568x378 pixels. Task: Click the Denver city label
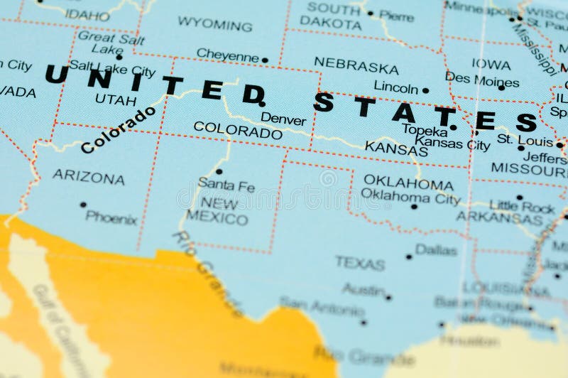point(283,119)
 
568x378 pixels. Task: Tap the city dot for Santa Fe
point(219,171)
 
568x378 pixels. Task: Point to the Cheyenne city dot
point(265,60)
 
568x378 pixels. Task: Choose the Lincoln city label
point(395,89)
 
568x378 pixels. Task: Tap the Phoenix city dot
point(83,205)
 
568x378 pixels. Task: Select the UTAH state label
point(115,99)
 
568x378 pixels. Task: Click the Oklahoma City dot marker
point(414,207)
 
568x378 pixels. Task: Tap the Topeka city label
point(425,130)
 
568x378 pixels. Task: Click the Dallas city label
point(436,249)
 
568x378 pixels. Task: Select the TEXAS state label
point(360,263)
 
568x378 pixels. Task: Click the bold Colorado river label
point(118,130)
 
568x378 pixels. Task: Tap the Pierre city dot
point(370,13)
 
